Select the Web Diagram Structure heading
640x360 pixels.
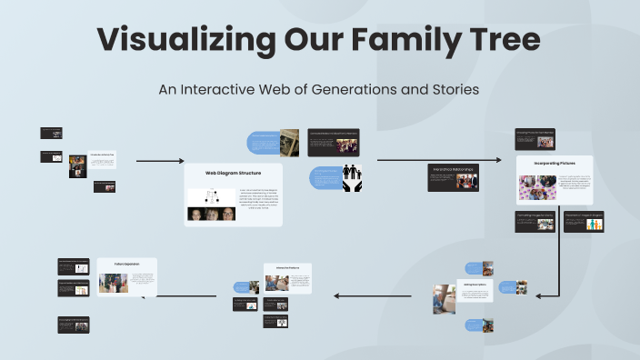tap(233, 172)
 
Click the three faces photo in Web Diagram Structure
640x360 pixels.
tap(211, 215)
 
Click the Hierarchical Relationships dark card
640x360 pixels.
tap(454, 178)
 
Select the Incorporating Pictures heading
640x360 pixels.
tap(555, 164)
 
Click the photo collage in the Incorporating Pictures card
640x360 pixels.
tap(536, 187)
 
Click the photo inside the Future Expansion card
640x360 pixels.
tap(113, 283)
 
